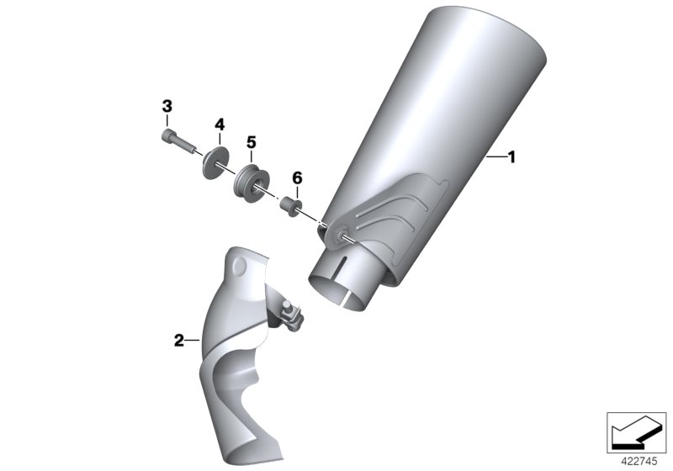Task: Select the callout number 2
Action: (178, 341)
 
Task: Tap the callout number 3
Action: (167, 107)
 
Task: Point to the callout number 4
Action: (220, 124)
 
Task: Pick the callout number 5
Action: (251, 141)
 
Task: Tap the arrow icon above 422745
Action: (634, 431)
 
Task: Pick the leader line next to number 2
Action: (192, 341)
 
